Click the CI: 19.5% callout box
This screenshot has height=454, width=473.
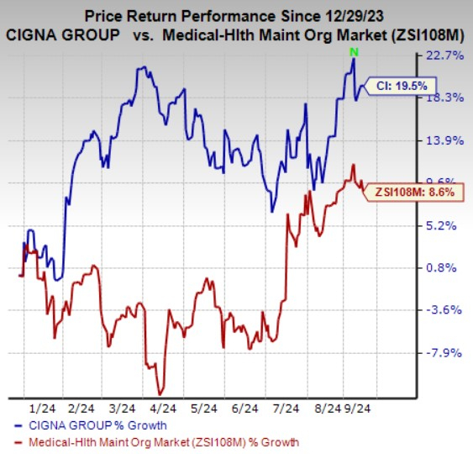click(393, 86)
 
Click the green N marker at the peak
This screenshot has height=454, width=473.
click(355, 53)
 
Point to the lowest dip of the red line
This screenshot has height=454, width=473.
click(160, 393)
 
